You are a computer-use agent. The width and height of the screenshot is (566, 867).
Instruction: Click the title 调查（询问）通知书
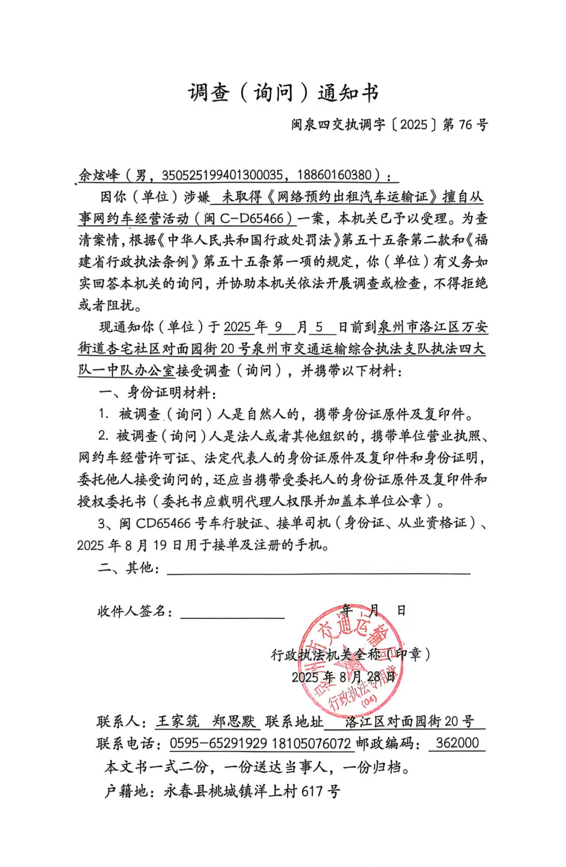283,93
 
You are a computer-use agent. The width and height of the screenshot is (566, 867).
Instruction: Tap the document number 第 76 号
465,125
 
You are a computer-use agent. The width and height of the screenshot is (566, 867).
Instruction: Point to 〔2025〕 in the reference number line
415,125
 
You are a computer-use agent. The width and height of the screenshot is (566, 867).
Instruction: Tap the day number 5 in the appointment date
320,327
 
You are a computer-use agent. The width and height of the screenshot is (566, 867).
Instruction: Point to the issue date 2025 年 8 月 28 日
343,677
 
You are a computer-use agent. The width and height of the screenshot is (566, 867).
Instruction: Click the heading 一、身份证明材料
157,393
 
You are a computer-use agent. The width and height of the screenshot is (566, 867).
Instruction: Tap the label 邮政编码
387,743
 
